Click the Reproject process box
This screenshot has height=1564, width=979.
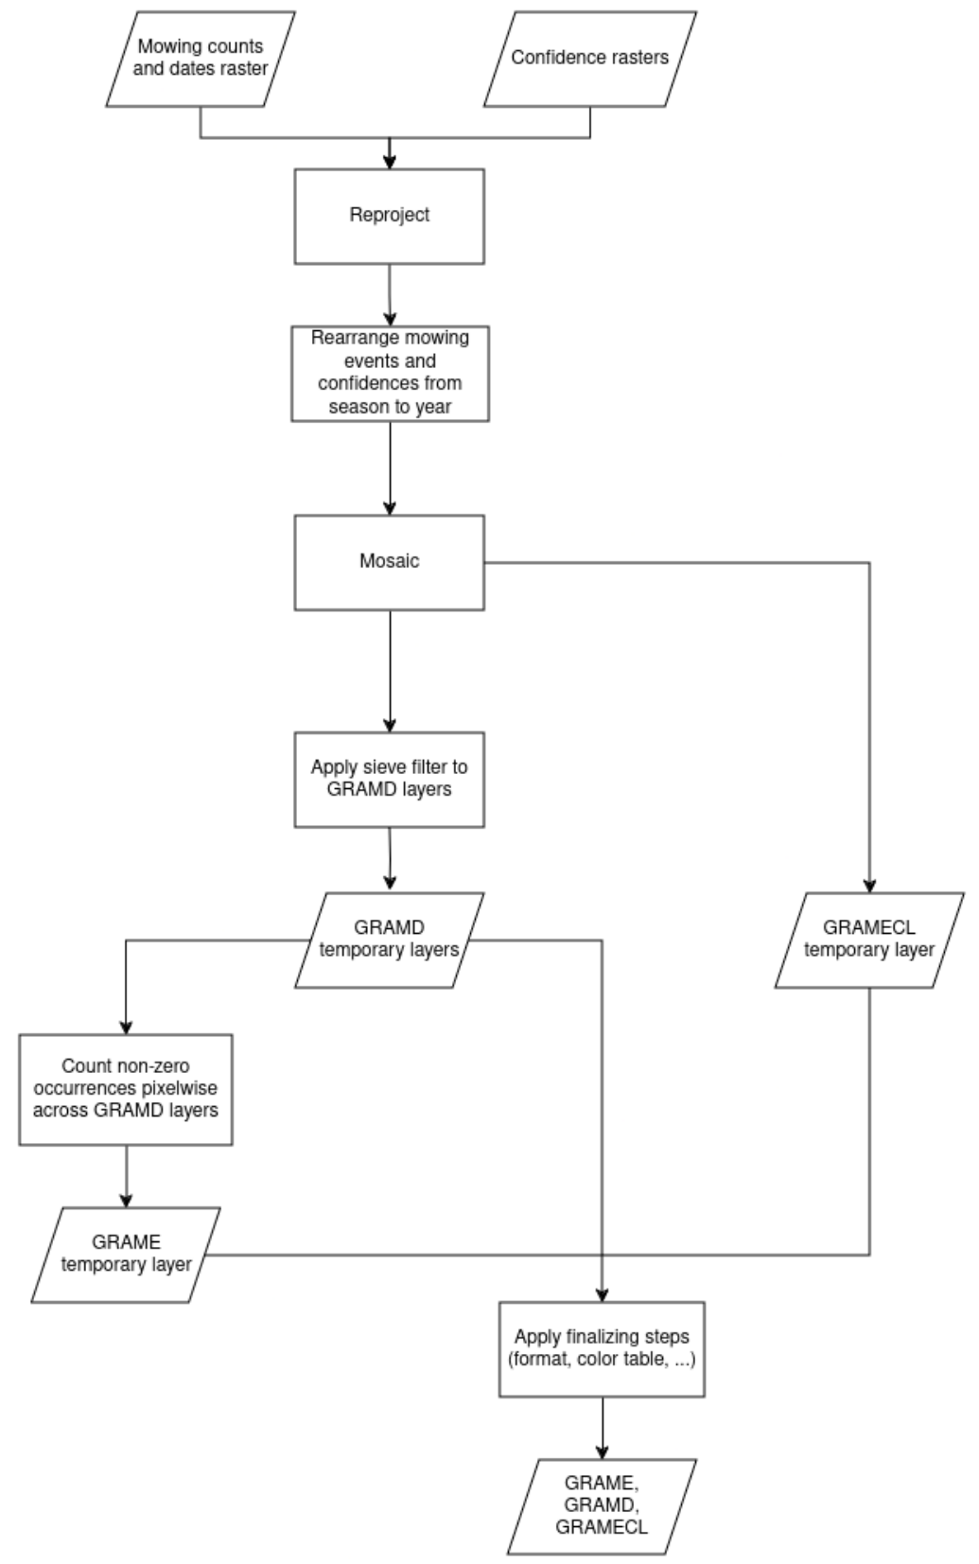click(390, 217)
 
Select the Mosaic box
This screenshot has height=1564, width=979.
click(390, 563)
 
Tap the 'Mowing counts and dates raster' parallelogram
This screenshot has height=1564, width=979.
click(201, 59)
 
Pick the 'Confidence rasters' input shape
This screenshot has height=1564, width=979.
click(590, 59)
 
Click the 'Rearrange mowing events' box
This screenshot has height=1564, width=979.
click(390, 374)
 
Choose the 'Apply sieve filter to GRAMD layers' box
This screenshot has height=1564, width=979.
click(390, 780)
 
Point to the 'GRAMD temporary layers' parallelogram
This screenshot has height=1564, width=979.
click(390, 940)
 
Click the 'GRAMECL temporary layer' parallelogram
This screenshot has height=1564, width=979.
click(869, 940)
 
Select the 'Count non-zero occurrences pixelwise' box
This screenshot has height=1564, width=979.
click(126, 1089)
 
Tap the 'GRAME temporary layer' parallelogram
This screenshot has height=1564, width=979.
click(126, 1255)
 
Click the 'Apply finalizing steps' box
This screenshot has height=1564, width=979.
click(602, 1349)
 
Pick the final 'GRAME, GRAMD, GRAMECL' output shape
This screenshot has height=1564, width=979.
click(602, 1506)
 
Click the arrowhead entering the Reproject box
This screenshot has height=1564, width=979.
click(390, 161)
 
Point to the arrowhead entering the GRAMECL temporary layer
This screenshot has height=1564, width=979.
click(869, 885)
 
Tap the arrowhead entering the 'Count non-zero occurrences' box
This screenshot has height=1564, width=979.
click(126, 1028)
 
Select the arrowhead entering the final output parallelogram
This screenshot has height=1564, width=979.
click(603, 1451)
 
